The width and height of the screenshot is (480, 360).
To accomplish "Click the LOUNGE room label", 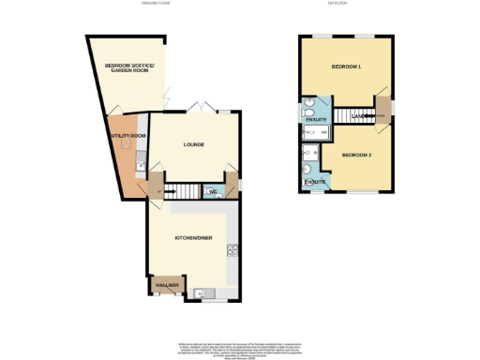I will tap(194, 144).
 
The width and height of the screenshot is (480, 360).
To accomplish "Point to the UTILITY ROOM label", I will tap(127, 136).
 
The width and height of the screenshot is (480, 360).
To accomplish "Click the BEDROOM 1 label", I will tap(346, 67).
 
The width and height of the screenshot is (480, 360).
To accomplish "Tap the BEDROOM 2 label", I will tap(356, 154).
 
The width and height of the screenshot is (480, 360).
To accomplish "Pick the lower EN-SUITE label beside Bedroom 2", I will tap(314, 181).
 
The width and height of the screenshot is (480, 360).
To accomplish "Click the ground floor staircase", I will tap(184, 192).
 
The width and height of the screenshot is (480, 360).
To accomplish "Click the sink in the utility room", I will tap(139, 167).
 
